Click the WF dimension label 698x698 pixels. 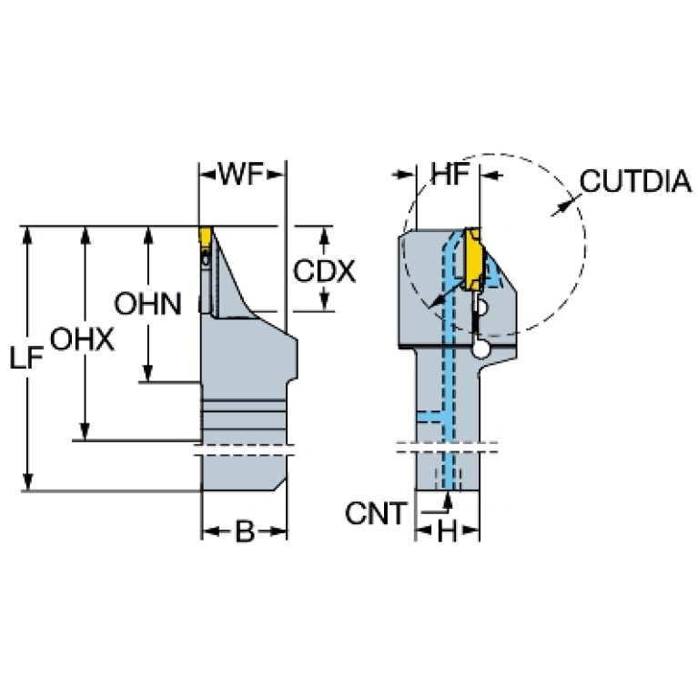tap(241, 174)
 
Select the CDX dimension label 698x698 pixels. tap(324, 270)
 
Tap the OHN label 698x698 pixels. tap(147, 304)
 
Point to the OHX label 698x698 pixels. tap(82, 339)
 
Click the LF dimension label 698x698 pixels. tap(26, 358)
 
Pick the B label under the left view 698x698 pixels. tap(245, 531)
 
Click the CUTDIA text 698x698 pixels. tap(636, 181)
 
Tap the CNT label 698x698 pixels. tap(376, 513)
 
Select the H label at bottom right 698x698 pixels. tap(448, 531)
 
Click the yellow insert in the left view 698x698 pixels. tap(206, 236)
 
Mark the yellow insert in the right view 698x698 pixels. tap(472, 258)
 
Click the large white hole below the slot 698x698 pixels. tap(481, 349)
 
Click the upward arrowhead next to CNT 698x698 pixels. tap(448, 501)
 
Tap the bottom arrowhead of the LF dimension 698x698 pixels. tap(27, 482)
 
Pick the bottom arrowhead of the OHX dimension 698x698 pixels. tap(85, 431)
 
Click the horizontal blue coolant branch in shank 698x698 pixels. tap(431, 416)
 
